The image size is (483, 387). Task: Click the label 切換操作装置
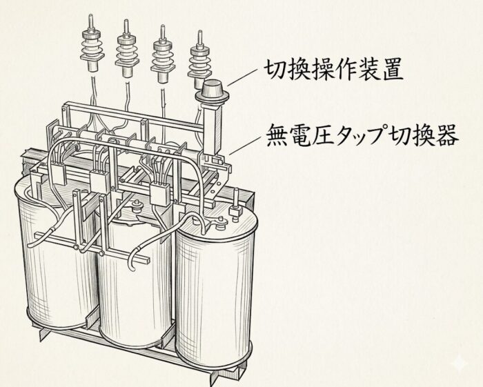pyautogui.click(x=334, y=70)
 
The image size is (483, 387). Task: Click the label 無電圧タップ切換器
pyautogui.click(x=362, y=135)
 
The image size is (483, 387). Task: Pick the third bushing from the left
pyautogui.click(x=162, y=54)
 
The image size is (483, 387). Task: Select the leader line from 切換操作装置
pyautogui.click(x=242, y=77)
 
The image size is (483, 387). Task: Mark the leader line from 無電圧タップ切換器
pyautogui.click(x=245, y=145)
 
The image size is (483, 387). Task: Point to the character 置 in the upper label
pyautogui.click(x=393, y=70)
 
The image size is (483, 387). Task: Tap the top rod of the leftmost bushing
pyautogui.click(x=90, y=22)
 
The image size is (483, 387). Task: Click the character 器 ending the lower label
pyautogui.click(x=448, y=136)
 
